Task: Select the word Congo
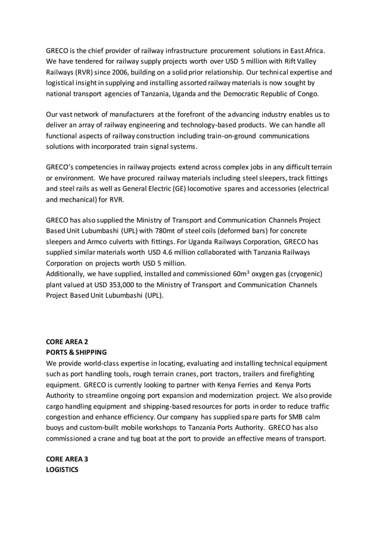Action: tap(307, 93)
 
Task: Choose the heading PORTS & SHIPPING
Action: tap(76, 352)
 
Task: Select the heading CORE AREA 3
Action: tap(67, 458)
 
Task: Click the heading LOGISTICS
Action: tap(62, 470)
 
